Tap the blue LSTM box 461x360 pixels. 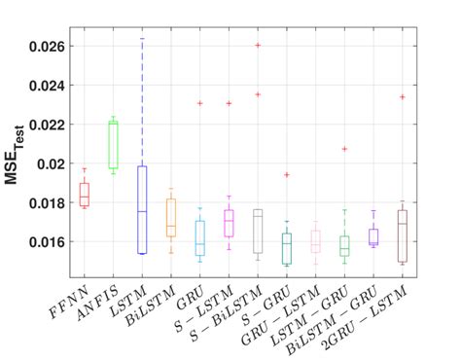tap(142, 209)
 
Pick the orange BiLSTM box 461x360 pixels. tap(171, 218)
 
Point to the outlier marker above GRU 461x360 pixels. tap(199, 103)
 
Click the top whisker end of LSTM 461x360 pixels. tap(142, 39)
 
